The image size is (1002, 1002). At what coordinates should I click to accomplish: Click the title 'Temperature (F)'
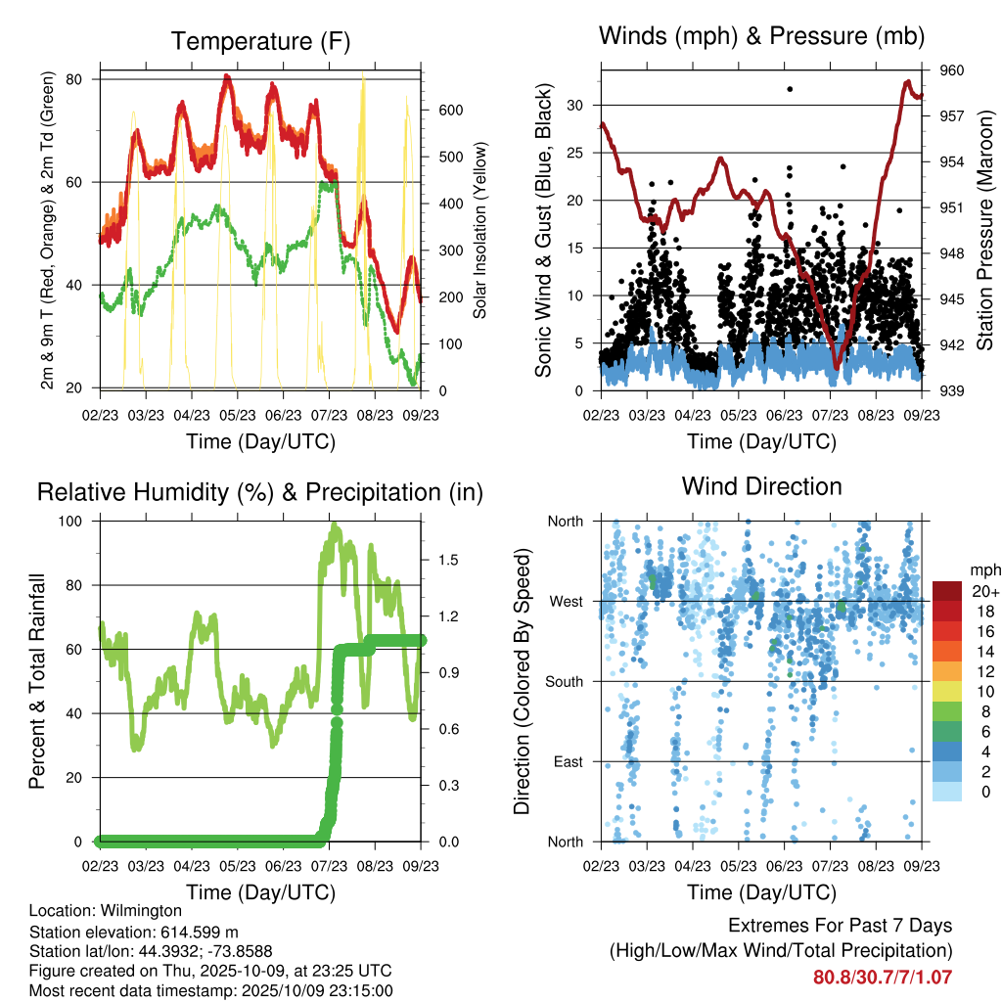pyautogui.click(x=259, y=42)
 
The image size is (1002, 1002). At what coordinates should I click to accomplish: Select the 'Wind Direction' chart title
pyautogui.click(x=761, y=486)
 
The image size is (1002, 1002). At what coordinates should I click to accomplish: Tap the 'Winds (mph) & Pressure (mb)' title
pyautogui.click(x=761, y=37)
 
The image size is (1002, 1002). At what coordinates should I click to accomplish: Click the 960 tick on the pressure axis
pyautogui.click(x=952, y=70)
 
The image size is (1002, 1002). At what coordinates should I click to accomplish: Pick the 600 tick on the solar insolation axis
pyautogui.click(x=450, y=111)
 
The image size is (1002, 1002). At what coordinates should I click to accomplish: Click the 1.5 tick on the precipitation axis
pyautogui.click(x=450, y=560)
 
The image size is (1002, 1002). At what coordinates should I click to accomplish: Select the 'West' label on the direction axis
pyautogui.click(x=565, y=602)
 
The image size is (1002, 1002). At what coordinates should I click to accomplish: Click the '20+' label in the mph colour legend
pyautogui.click(x=983, y=592)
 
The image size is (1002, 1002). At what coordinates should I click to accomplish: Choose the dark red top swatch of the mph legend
pyautogui.click(x=946, y=592)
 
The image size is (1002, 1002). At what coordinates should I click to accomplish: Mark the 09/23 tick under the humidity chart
pyautogui.click(x=421, y=866)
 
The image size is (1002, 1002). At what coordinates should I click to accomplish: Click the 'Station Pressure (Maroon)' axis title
pyautogui.click(x=984, y=230)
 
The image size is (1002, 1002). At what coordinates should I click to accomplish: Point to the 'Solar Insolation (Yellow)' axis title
pyautogui.click(x=480, y=231)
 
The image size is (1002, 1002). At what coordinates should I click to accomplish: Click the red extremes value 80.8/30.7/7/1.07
pyautogui.click(x=883, y=977)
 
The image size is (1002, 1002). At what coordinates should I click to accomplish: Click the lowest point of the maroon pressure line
pyautogui.click(x=837, y=368)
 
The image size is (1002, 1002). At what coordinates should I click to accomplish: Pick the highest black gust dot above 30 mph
pyautogui.click(x=790, y=89)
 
